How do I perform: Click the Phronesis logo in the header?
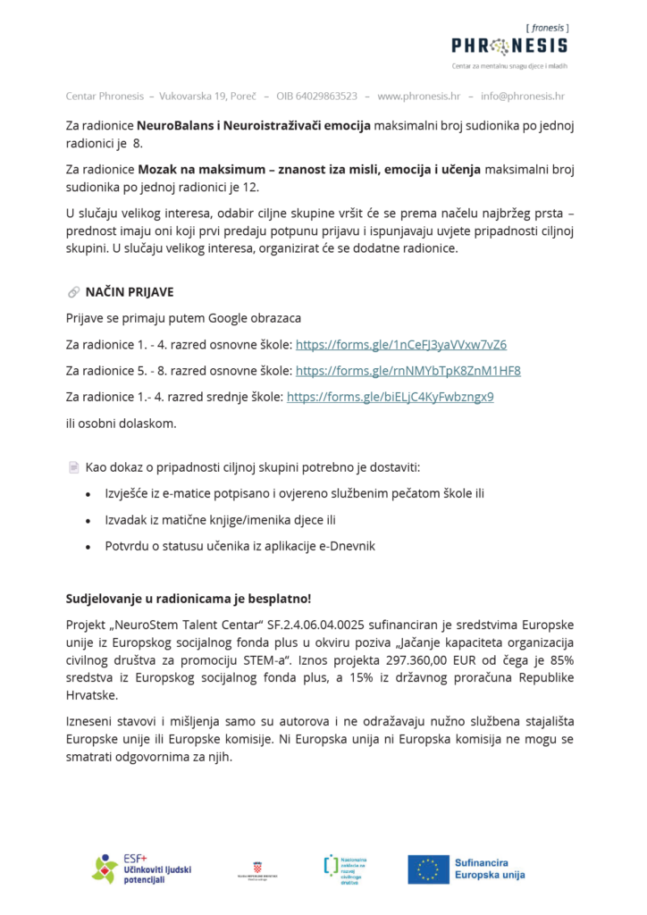pyautogui.click(x=508, y=45)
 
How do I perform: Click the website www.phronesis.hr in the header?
pyautogui.click(x=419, y=96)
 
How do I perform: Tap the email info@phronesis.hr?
pyautogui.click(x=523, y=96)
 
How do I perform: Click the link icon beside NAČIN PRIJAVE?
pyautogui.click(x=73, y=292)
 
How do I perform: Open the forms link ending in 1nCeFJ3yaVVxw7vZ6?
pyautogui.click(x=401, y=344)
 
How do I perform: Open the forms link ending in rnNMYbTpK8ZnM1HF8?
pyautogui.click(x=408, y=370)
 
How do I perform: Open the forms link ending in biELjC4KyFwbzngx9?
pyautogui.click(x=391, y=396)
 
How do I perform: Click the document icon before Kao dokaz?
pyautogui.click(x=73, y=466)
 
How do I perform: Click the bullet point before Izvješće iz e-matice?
pyautogui.click(x=87, y=494)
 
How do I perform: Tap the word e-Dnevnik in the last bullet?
pyautogui.click(x=344, y=546)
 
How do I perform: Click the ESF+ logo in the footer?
pyautogui.click(x=142, y=869)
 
